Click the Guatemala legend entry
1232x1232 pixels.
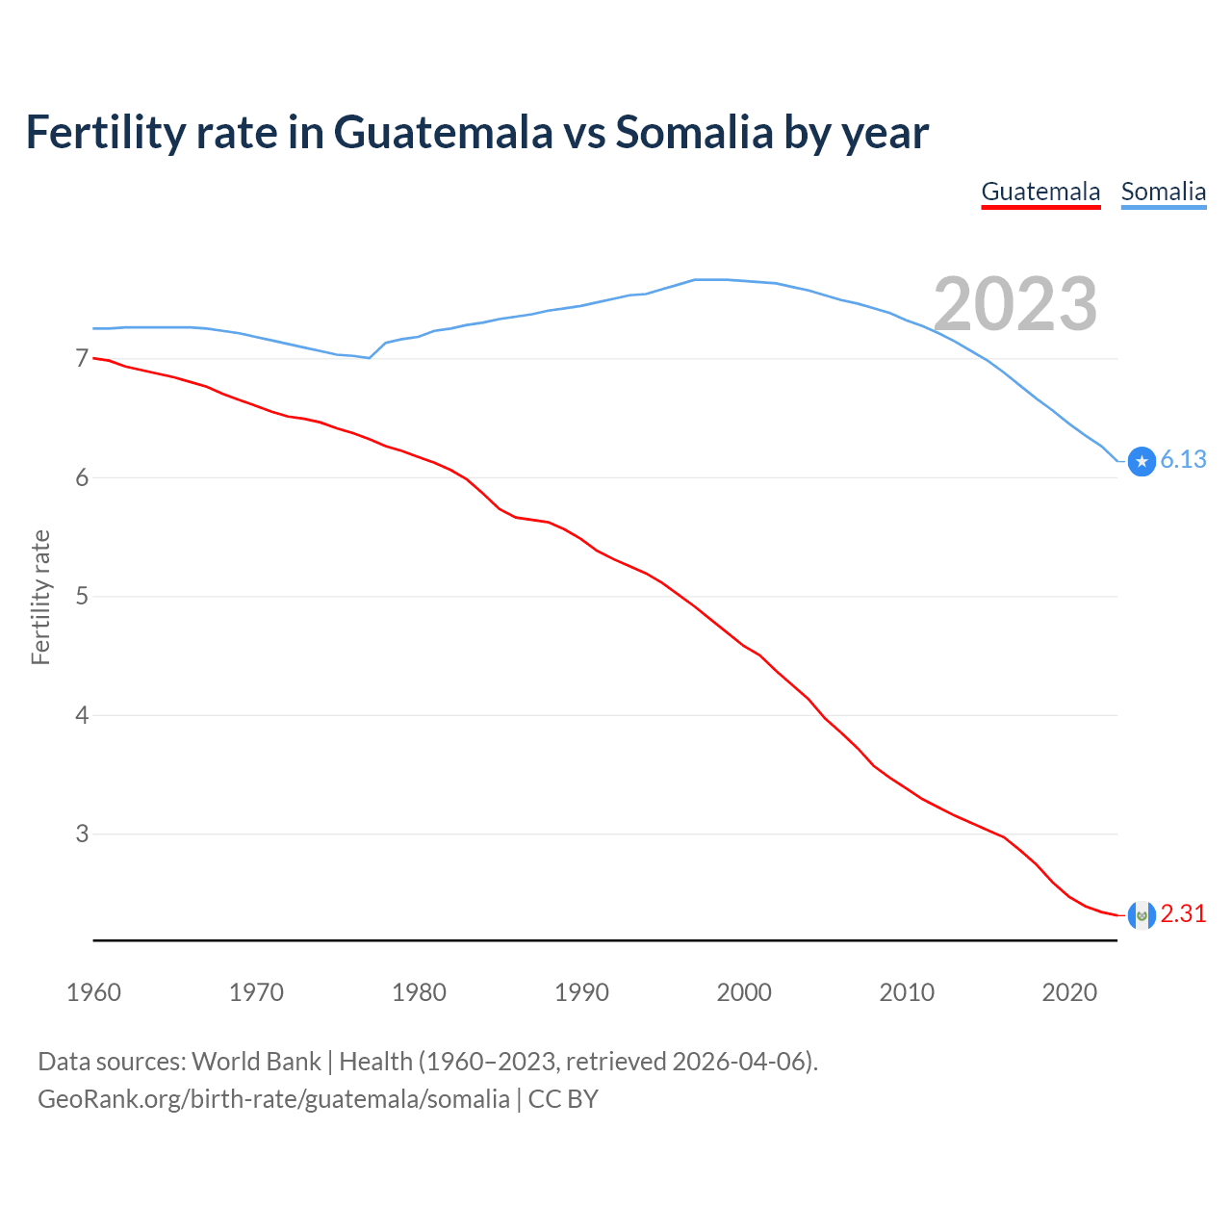tap(1040, 192)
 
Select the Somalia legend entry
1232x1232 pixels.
tap(1163, 192)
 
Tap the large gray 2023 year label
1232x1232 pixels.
tap(1015, 304)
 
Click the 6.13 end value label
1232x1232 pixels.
tap(1183, 460)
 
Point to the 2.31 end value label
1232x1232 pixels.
tap(1183, 914)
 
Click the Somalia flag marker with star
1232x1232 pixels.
tap(1142, 462)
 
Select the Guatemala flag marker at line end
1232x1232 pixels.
tap(1142, 915)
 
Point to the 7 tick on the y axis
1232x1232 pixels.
tap(82, 359)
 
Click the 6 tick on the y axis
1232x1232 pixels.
tap(82, 478)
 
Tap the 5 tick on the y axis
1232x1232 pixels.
tap(82, 597)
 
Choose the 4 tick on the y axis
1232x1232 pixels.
tap(82, 716)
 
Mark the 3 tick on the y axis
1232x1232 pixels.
tap(82, 834)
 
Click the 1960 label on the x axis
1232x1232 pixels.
tap(93, 992)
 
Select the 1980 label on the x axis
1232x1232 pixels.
tap(419, 992)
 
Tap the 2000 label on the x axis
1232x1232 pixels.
tap(744, 992)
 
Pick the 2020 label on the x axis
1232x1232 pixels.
tap(1069, 992)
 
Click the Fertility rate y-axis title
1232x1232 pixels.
tap(40, 597)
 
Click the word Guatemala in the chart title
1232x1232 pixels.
tap(443, 133)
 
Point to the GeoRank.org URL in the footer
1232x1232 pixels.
tap(273, 1099)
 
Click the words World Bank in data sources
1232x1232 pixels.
tap(256, 1062)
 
